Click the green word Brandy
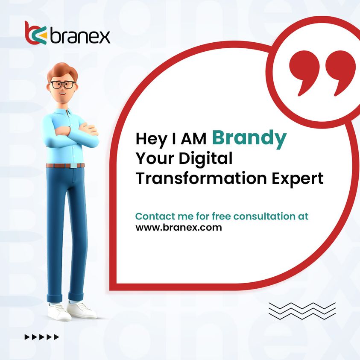click(x=249, y=138)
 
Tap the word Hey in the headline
click(x=151, y=139)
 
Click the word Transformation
click(x=201, y=178)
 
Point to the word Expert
click(x=298, y=179)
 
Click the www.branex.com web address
click(x=179, y=228)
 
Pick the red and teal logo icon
click(x=35, y=33)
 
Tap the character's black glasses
click(x=62, y=85)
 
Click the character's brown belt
click(x=65, y=165)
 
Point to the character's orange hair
click(x=62, y=72)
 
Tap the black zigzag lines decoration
click(x=302, y=311)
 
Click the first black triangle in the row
click(x=27, y=337)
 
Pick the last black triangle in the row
click(x=56, y=337)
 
